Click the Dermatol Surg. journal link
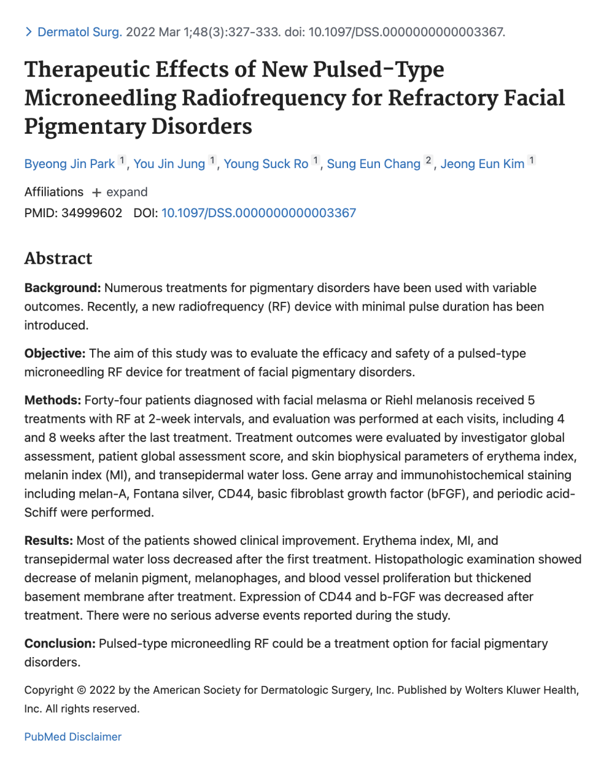click(x=79, y=32)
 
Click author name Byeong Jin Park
click(x=69, y=164)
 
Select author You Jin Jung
click(x=169, y=164)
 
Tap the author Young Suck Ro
click(x=266, y=164)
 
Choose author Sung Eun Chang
click(x=373, y=164)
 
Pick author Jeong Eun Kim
click(x=483, y=164)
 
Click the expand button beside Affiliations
click(x=120, y=192)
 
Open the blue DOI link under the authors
click(x=258, y=213)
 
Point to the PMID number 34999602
click(x=91, y=213)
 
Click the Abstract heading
click(x=58, y=258)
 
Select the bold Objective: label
click(x=55, y=353)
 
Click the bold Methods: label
click(x=53, y=400)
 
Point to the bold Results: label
click(x=48, y=541)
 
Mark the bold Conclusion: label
click(x=60, y=644)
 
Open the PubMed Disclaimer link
click(x=73, y=737)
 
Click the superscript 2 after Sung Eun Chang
click(x=428, y=160)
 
